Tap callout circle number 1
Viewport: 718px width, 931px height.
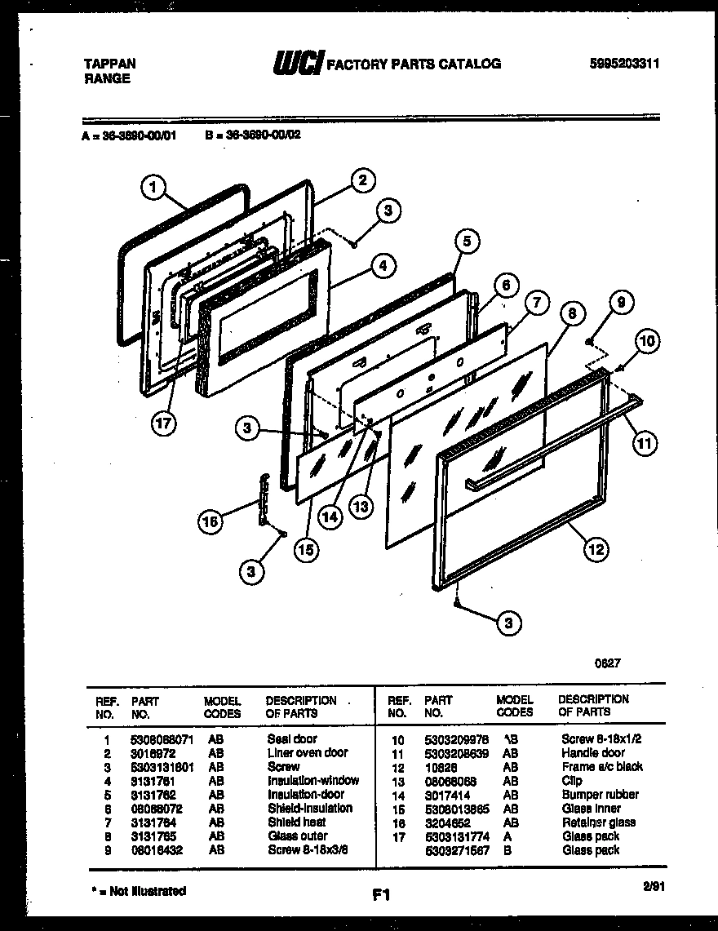pos(153,189)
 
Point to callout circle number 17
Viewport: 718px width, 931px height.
pos(165,424)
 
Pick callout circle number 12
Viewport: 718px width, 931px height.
pos(595,549)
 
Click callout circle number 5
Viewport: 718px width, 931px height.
pos(466,241)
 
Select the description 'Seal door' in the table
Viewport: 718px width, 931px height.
pos(292,739)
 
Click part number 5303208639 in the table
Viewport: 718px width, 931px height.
pos(456,753)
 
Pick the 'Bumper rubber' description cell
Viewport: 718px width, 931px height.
pos(600,795)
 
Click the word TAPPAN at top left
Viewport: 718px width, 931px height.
pos(110,64)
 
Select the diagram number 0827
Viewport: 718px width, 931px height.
pos(607,663)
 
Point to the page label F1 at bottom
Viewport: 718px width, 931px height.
pos(380,895)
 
